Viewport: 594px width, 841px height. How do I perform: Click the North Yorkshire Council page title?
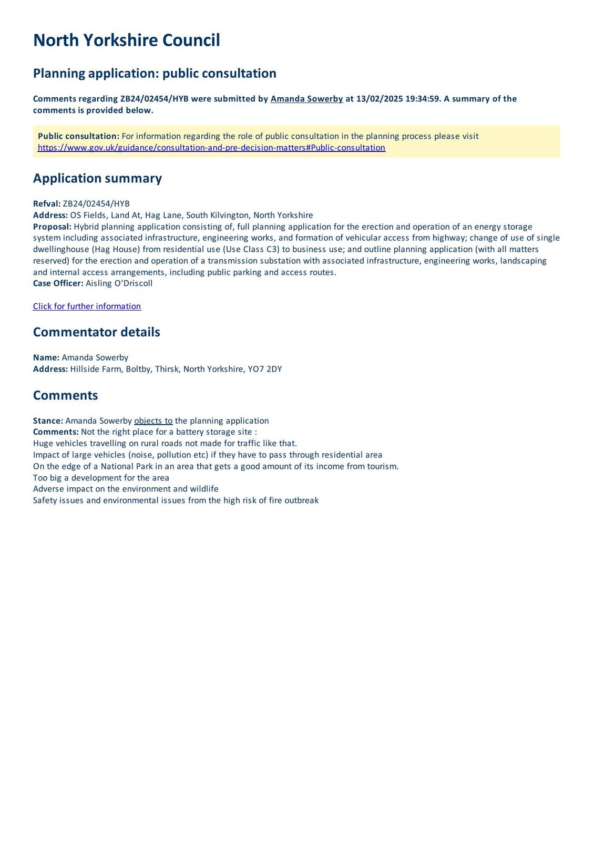(126, 40)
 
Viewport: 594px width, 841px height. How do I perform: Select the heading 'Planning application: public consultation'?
(155, 73)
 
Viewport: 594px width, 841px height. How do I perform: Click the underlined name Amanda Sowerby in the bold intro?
(306, 99)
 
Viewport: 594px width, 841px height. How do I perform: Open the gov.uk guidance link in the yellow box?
(211, 148)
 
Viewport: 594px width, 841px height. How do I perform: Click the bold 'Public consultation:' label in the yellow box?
(78, 136)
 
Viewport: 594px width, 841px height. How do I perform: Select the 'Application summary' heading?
(97, 178)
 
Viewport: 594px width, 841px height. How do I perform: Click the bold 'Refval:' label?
(47, 204)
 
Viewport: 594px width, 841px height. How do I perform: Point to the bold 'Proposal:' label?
(52, 227)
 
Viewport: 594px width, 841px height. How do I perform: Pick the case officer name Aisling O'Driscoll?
(119, 283)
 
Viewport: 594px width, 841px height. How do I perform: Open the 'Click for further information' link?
(87, 306)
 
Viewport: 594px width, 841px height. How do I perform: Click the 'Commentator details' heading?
(96, 332)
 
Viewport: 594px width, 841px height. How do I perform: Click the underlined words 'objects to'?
(153, 421)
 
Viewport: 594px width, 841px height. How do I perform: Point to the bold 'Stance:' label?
(48, 421)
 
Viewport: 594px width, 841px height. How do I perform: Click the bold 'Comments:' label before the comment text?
(56, 432)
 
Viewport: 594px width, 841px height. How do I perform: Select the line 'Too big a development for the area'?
(101, 478)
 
